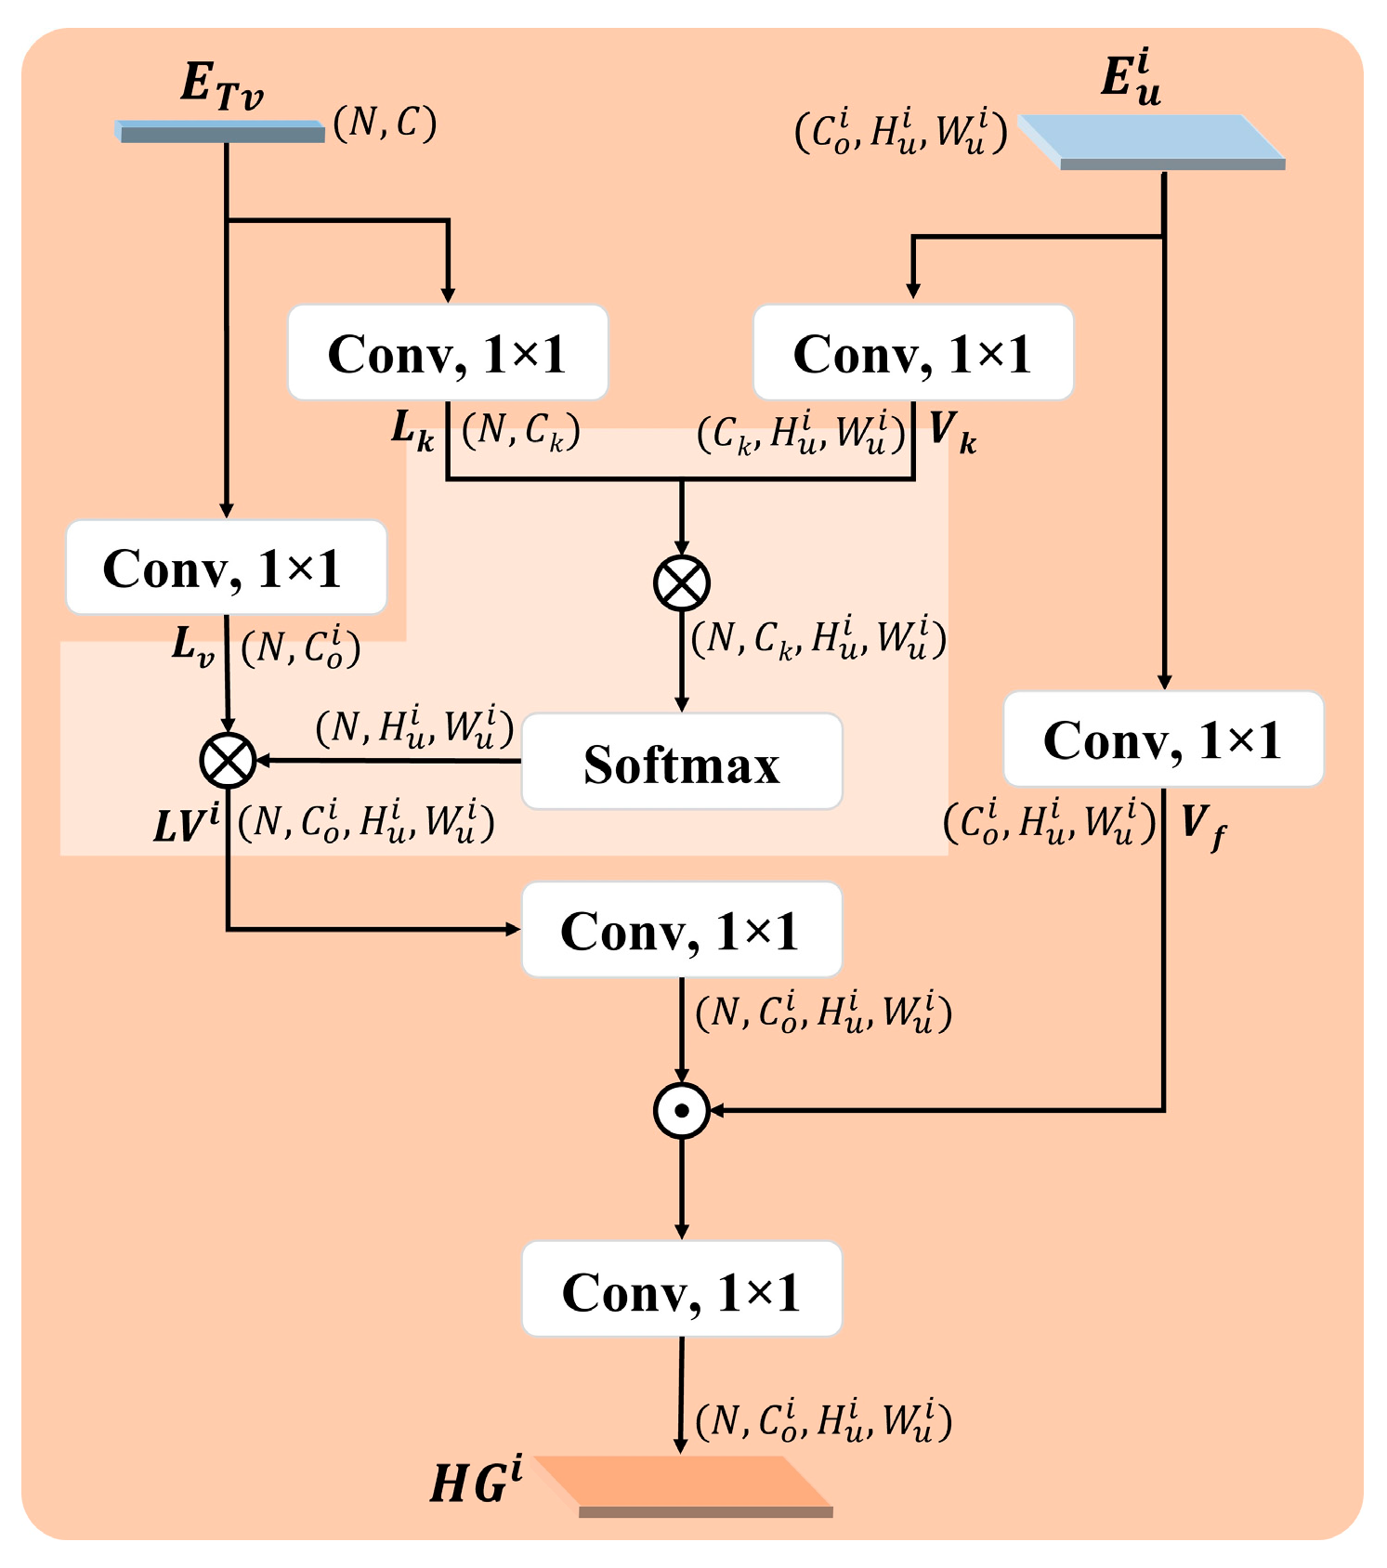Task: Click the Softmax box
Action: (x=681, y=763)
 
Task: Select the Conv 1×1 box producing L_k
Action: (x=447, y=353)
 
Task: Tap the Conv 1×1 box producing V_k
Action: (x=912, y=353)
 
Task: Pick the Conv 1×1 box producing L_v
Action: (x=226, y=568)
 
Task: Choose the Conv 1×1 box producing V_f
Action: (x=1163, y=739)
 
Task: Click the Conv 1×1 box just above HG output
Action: (x=681, y=1289)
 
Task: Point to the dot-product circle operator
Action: (x=681, y=1110)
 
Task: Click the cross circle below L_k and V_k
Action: (x=681, y=583)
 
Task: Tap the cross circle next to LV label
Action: (x=228, y=760)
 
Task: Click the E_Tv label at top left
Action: (x=221, y=85)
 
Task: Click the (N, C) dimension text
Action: (x=385, y=123)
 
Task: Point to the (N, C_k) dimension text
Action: (x=521, y=431)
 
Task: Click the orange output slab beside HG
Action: (x=687, y=1484)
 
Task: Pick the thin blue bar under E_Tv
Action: (x=221, y=132)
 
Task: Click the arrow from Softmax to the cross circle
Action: (x=390, y=761)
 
